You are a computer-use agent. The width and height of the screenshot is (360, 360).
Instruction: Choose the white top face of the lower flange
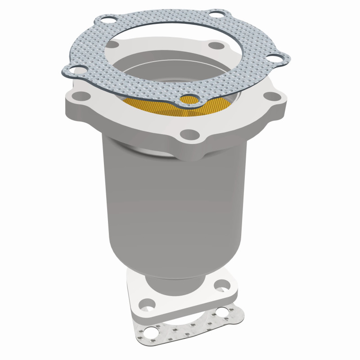(189, 297)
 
